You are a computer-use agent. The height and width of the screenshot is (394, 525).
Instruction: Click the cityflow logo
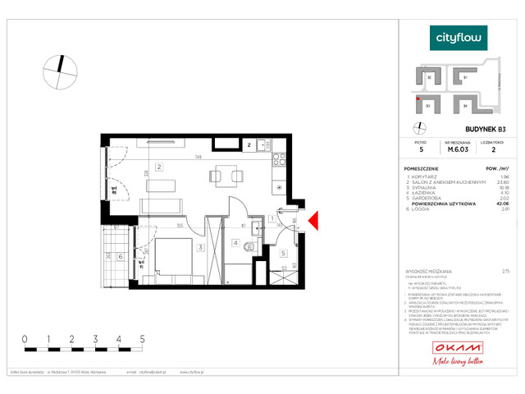pos(459,37)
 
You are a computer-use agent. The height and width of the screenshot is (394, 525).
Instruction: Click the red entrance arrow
pos(313,219)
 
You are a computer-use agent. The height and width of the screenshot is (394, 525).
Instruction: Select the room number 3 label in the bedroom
pos(199,246)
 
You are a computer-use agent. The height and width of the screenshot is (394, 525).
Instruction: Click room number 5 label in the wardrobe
pos(283,253)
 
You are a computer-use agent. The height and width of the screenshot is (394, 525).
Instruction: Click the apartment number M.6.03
pos(457,149)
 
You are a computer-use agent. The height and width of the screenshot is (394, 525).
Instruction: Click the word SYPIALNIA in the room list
pos(428,187)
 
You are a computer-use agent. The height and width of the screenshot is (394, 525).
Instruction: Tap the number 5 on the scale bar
pos(143,338)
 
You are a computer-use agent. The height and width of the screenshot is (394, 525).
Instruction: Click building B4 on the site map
pos(465,105)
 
